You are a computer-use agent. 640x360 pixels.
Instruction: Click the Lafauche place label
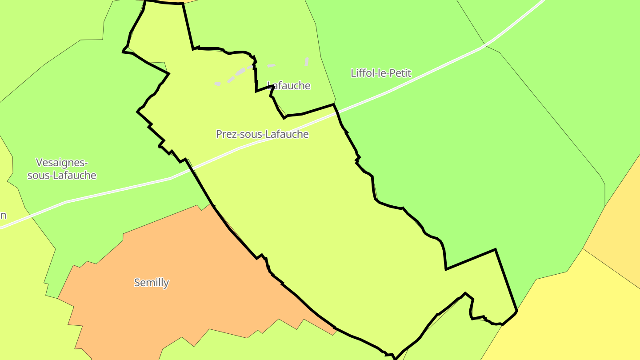(x=289, y=85)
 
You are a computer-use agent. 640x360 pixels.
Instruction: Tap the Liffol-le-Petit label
(x=381, y=73)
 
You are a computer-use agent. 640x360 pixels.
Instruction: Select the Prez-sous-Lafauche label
(x=262, y=134)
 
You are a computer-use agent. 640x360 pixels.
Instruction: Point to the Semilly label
(x=152, y=282)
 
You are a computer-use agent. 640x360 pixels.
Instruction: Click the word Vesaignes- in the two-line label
(x=62, y=162)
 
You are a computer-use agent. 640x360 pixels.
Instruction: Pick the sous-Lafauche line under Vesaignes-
(x=62, y=175)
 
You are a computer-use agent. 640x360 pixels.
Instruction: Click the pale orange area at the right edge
(x=622, y=231)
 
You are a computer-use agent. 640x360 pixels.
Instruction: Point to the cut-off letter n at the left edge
(x=3, y=216)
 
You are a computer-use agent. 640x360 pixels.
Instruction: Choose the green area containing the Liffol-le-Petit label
(x=467, y=156)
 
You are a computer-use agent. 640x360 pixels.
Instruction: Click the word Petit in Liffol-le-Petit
(x=400, y=73)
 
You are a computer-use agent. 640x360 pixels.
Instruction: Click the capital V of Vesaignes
(x=40, y=162)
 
